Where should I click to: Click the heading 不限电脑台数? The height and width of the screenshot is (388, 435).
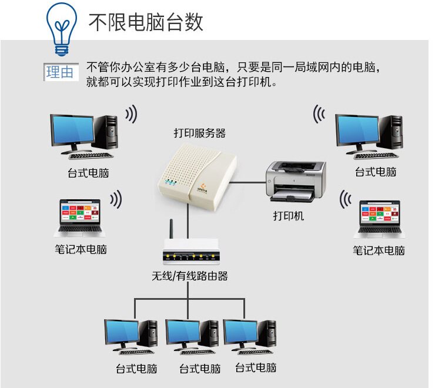point(145,22)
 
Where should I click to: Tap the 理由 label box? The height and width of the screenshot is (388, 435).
point(60,72)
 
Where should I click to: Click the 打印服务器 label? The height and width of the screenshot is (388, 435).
point(199,133)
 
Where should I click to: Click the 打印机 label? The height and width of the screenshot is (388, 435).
point(289,216)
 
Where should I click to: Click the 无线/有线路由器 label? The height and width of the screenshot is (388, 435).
point(189,276)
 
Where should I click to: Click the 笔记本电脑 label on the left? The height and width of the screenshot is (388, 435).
point(81,249)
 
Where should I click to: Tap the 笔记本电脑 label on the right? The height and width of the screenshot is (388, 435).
point(379,250)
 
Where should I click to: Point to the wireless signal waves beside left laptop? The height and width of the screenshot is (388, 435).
point(116,200)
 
